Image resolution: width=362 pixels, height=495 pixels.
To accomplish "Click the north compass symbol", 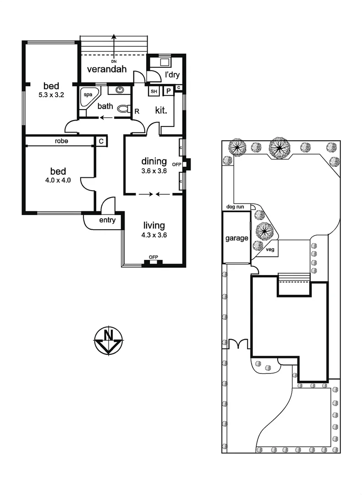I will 109,341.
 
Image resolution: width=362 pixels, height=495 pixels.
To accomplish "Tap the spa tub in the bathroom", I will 88,97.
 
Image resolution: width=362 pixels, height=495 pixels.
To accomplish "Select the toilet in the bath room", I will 122,109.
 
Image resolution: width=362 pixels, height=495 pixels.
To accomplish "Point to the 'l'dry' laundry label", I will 172,74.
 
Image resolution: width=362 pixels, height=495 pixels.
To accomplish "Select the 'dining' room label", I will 154,161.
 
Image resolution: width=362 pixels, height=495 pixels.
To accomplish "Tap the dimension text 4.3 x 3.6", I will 154,235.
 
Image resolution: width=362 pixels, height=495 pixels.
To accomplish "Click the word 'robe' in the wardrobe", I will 61,141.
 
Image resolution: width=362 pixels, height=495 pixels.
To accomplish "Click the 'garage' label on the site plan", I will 236,238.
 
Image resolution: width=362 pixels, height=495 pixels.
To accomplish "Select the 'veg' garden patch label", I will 270,250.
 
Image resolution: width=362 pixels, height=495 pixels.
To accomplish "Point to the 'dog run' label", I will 235,207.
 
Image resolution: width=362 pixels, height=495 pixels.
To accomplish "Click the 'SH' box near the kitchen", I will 154,92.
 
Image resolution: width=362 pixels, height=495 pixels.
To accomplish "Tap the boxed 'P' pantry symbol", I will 168,92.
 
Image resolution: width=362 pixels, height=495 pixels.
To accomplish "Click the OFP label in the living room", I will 153,257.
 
